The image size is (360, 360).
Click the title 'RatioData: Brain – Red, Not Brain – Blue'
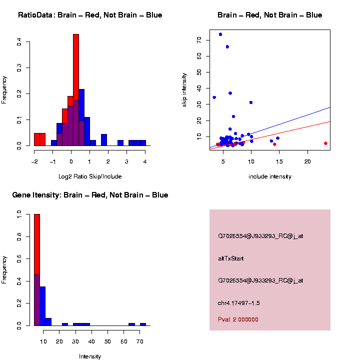(90, 15)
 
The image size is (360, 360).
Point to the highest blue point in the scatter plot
(220, 34)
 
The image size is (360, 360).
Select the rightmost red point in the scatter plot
(325, 143)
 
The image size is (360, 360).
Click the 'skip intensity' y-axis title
(184, 89)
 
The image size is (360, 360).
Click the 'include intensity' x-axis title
(270, 176)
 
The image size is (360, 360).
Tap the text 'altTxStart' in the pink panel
(230, 258)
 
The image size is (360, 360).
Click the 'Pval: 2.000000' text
(238, 319)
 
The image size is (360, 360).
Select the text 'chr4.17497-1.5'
(238, 303)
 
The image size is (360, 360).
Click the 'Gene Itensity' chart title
(90, 195)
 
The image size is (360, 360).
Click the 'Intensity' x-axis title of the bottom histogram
(90, 356)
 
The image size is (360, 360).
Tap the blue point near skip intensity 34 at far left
(214, 97)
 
